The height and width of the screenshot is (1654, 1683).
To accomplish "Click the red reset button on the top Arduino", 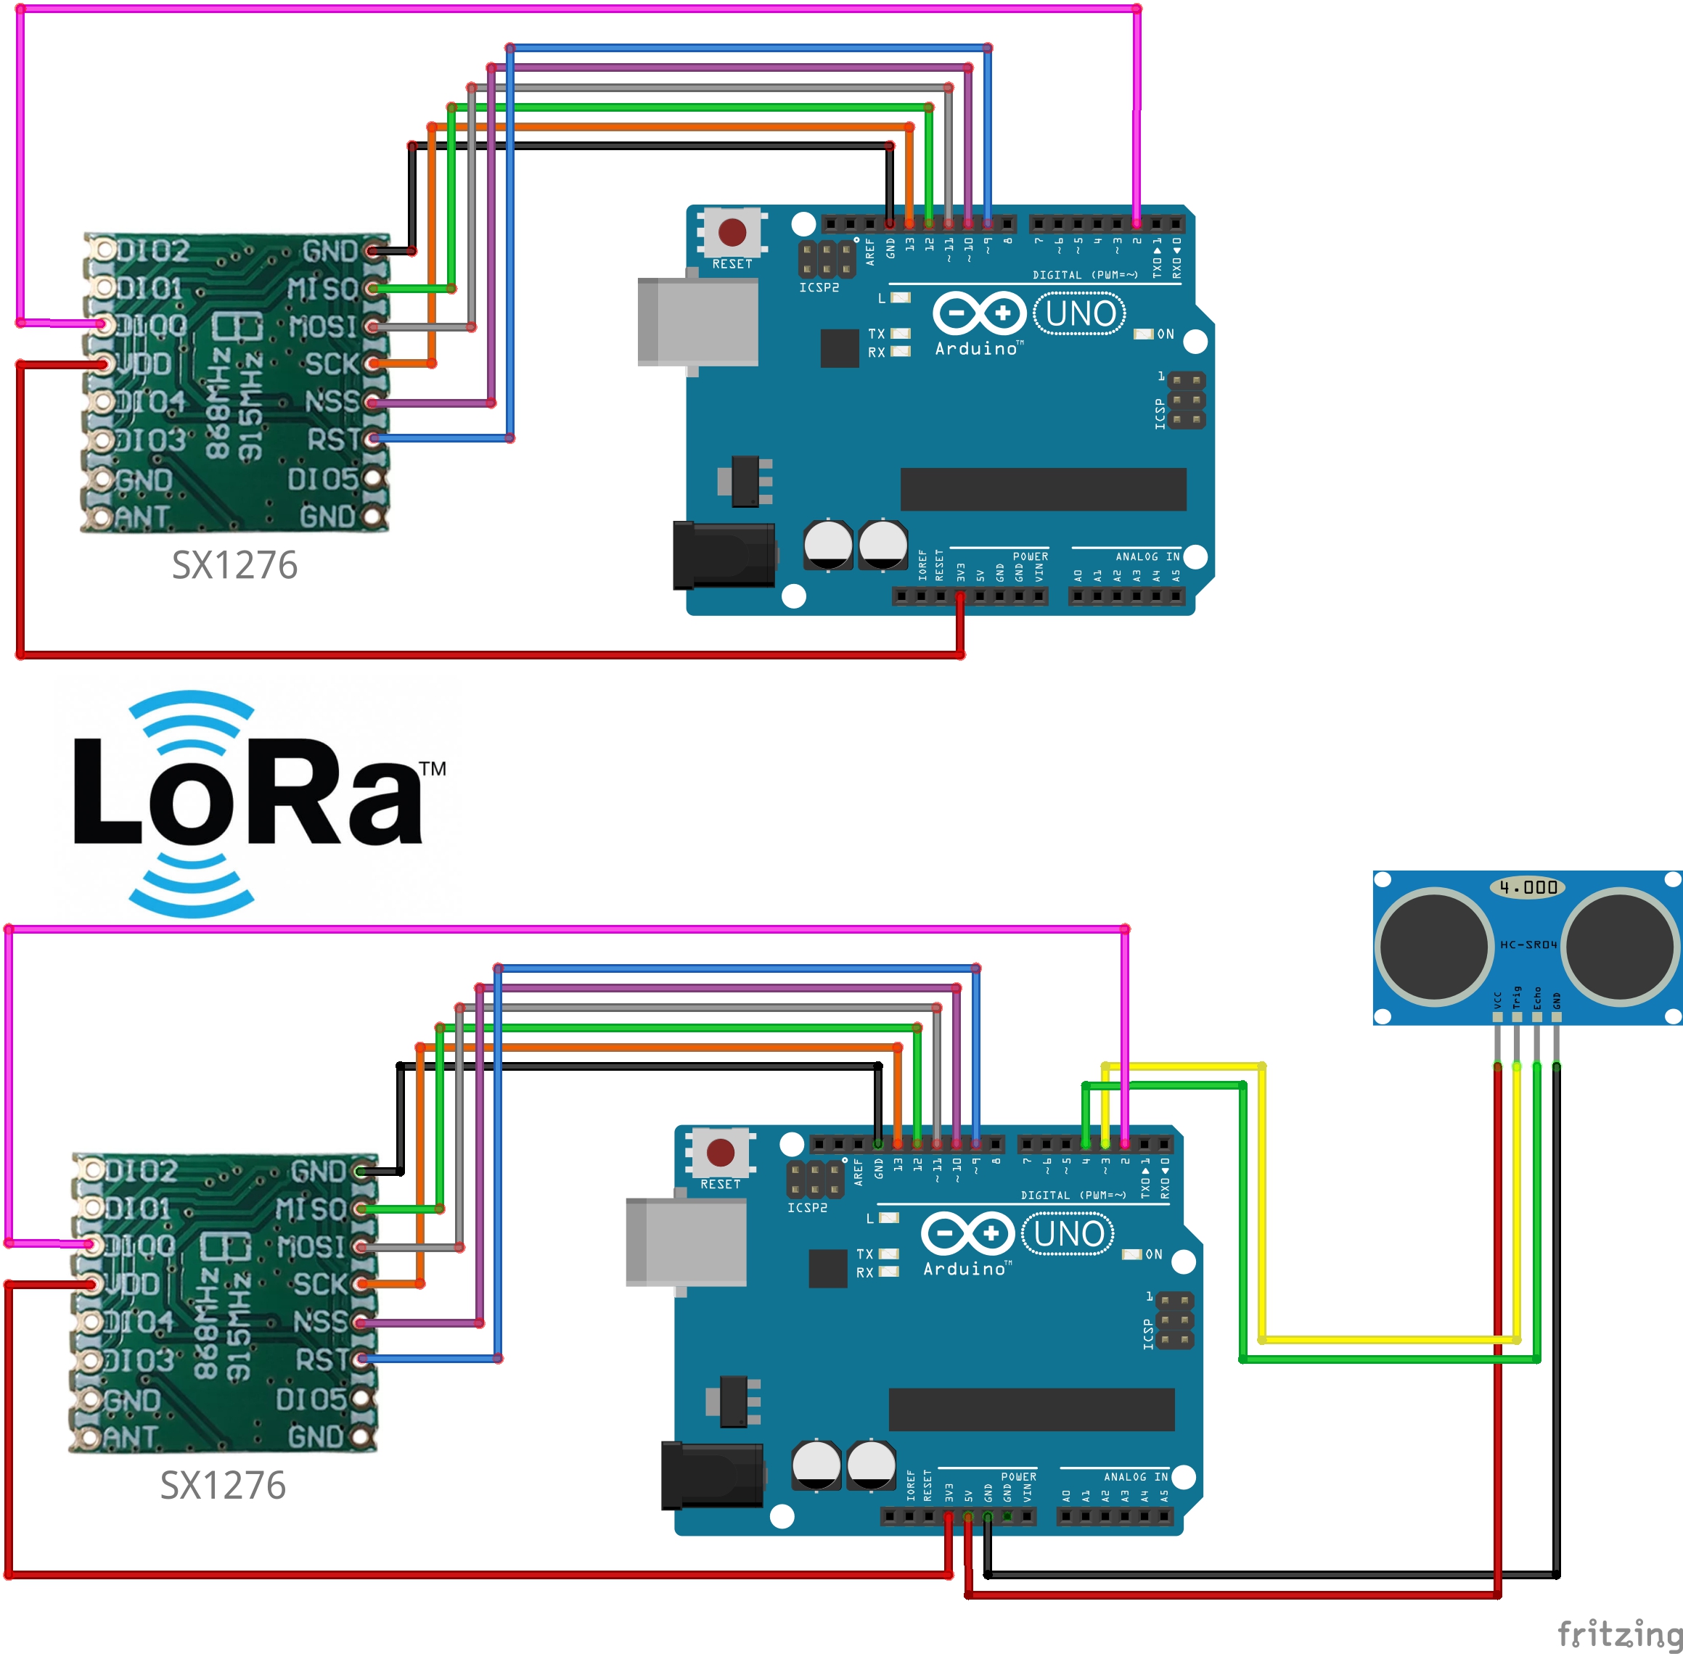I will pos(732,232).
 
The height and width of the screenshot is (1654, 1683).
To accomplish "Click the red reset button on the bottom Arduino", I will pos(720,1153).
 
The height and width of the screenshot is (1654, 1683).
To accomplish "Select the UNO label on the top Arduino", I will pos(1080,313).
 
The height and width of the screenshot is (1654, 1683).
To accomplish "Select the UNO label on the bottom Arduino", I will pos(1068,1235).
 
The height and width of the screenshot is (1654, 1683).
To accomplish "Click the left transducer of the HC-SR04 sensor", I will pos(1433,946).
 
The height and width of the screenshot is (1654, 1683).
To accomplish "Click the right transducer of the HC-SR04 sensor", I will pos(1621,946).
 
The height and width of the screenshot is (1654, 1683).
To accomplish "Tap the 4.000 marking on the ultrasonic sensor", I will pos(1528,888).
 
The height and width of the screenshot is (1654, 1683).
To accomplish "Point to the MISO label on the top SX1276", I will pos(322,289).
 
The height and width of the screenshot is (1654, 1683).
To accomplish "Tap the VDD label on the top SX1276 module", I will pos(144,364).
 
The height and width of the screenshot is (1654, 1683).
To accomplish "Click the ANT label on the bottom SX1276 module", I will pos(131,1438).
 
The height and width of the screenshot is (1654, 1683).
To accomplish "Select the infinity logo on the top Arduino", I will pos(978,313).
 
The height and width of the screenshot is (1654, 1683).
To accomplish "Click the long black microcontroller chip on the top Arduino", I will pos(1043,489).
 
